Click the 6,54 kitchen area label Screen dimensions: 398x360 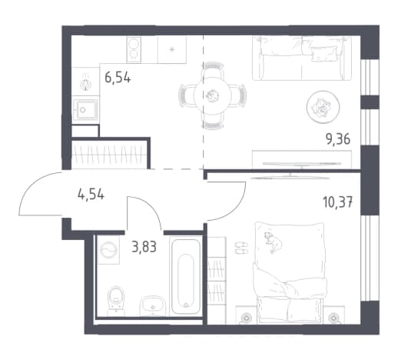pos(118,77)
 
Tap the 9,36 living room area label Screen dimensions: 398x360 pos(338,140)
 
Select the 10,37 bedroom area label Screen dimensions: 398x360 pos(338,202)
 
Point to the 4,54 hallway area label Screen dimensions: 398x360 pos(91,195)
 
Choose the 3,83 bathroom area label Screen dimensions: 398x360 pos(144,248)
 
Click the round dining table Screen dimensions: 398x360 pos(213,95)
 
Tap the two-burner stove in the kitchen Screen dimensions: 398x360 pos(134,49)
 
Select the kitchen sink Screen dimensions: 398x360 pos(85,110)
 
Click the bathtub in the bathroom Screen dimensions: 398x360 pos(186,276)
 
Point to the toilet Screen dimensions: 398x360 pos(116,301)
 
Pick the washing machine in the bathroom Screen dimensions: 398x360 pos(108,249)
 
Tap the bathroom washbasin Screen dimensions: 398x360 pos(153,305)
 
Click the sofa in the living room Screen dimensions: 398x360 pos(302,58)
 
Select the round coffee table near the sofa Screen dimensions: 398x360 pos(323,107)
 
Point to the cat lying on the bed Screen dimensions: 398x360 pos(273,242)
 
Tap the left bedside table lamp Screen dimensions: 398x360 pos(247,318)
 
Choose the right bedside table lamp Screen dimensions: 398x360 pos(333,318)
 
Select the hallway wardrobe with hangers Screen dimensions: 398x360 pos(110,155)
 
